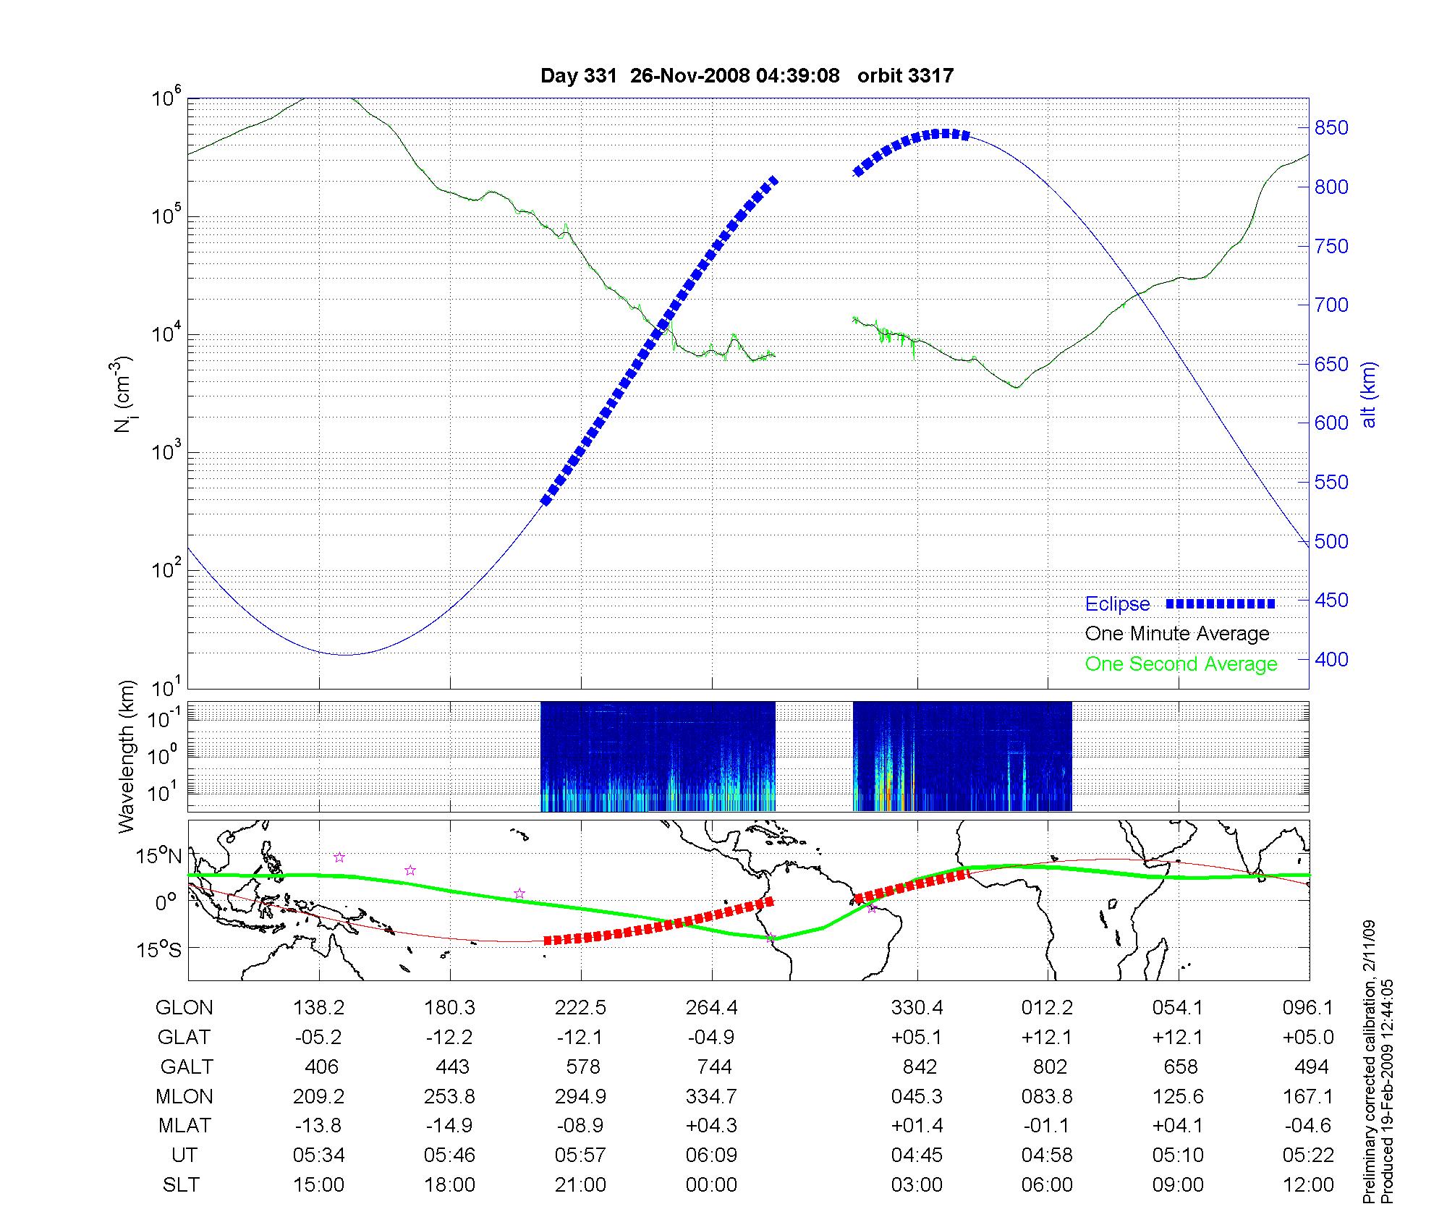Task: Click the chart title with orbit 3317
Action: pos(747,75)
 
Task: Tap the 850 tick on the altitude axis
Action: pos(1331,128)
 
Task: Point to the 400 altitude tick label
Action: pos(1331,659)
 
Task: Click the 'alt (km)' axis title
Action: pos(1369,394)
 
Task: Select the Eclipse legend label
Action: pos(1117,604)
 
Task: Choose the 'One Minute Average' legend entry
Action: pos(1177,634)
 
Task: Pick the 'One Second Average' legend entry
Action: pos(1181,664)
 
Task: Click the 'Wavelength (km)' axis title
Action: pos(127,756)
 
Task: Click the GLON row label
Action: pos(184,1008)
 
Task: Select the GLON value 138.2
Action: pos(319,1008)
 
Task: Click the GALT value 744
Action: pos(712,1067)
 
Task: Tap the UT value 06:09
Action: pos(712,1155)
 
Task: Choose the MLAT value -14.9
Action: pos(450,1126)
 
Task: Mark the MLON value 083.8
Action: pos(1047,1096)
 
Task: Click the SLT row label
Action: pos(181,1184)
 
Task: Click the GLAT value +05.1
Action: pos(917,1038)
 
